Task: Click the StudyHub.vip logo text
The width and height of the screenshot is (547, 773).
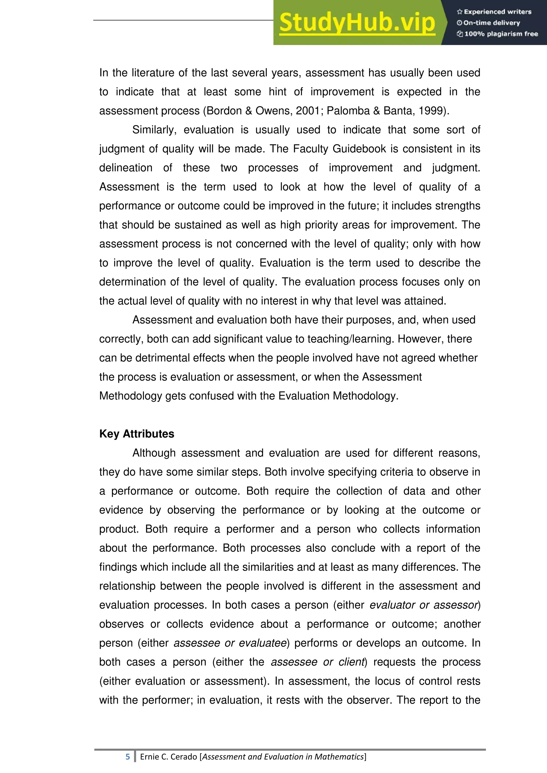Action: pos(357,23)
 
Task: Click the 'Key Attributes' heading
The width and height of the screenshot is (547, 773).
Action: pos(137,434)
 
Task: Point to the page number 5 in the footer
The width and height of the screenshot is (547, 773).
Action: pos(128,757)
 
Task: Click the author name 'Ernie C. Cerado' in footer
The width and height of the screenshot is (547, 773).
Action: pos(169,757)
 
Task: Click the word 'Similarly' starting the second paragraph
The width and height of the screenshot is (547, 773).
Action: pos(154,130)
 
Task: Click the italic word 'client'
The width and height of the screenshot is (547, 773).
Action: pos(351,662)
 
